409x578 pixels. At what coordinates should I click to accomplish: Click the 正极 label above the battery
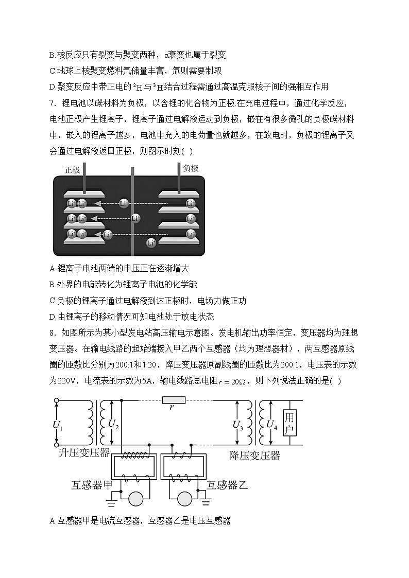pos(72,169)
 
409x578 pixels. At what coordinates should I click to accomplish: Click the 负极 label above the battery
pos(191,168)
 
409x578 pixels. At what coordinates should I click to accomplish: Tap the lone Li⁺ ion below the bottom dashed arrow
pos(151,242)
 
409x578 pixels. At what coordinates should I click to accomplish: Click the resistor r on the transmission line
pos(174,400)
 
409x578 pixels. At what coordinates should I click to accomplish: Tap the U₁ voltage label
pos(58,424)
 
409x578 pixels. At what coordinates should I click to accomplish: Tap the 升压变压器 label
pos(84,453)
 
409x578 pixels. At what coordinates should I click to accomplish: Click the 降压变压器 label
pos(254,455)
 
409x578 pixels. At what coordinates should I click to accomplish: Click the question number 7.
pos(52,102)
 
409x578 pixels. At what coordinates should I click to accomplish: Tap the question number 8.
pos(52,333)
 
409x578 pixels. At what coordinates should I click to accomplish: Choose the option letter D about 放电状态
pos(52,317)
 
